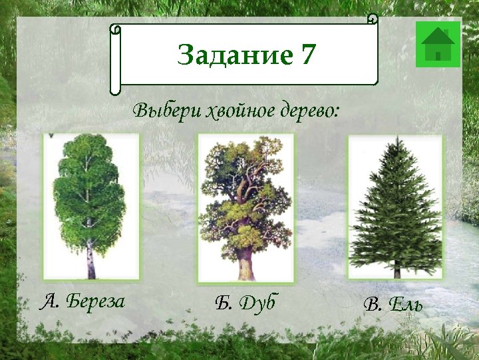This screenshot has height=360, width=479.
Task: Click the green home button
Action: click(438, 45)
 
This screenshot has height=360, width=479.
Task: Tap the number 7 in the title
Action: click(307, 55)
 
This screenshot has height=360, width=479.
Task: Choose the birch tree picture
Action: click(91, 205)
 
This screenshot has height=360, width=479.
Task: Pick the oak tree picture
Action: click(245, 207)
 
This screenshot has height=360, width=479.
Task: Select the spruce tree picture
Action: click(395, 207)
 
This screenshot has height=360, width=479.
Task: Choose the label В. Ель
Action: click(393, 305)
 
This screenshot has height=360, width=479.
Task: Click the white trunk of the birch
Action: click(90, 263)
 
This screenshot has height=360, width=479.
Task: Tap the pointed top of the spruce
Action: click(397, 141)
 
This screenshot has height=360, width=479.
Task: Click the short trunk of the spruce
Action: click(397, 271)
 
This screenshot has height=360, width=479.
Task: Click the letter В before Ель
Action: click(371, 305)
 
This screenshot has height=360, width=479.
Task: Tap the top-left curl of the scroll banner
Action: click(116, 30)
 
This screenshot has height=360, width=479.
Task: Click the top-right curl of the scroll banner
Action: click(373, 19)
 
